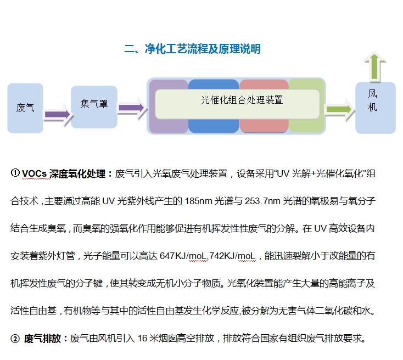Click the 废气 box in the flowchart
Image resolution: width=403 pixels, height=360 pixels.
pos(25,108)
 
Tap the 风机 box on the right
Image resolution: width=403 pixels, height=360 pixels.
pos(375,108)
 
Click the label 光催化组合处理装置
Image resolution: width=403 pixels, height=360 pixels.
pos(237,100)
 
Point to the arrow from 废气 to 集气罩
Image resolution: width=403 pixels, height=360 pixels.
pos(57,114)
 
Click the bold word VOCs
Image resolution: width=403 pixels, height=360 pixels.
pos(35,174)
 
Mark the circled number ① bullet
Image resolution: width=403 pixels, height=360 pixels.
pos(15,173)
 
